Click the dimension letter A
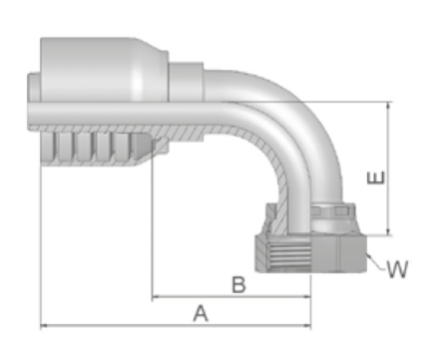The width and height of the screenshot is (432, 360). click(x=201, y=313)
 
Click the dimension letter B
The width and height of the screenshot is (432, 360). click(x=238, y=284)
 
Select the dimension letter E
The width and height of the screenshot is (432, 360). click(x=376, y=178)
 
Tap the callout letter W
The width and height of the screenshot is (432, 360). click(x=398, y=269)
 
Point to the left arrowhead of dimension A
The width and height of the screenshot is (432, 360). click(x=43, y=325)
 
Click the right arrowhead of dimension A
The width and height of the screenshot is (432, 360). click(x=307, y=325)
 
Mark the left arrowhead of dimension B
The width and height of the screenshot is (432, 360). click(x=155, y=296)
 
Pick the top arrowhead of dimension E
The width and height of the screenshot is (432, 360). click(x=388, y=105)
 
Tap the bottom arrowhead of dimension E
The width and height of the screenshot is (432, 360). click(x=388, y=232)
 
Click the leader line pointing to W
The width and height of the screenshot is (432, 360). click(x=376, y=261)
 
